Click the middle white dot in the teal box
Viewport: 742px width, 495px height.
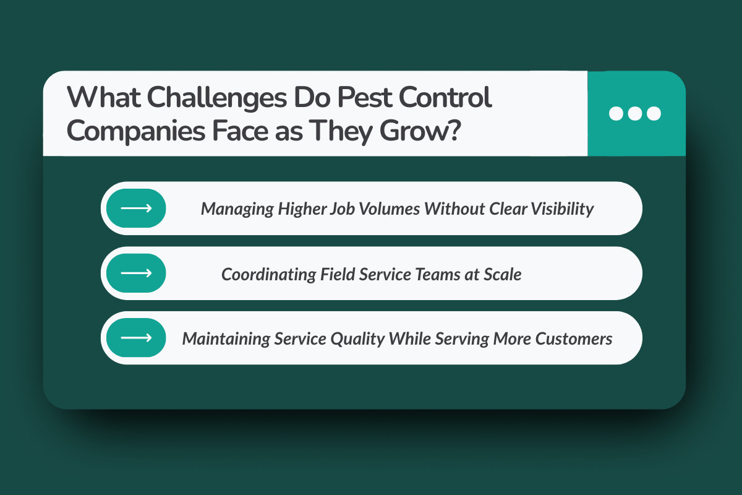[x=636, y=113]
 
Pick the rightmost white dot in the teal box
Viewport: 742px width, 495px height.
[x=654, y=113]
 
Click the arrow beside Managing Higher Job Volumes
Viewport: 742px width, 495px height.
[x=136, y=209]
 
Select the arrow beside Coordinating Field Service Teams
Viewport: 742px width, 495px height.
[x=136, y=273]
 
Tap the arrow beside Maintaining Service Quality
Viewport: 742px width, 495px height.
[x=136, y=338]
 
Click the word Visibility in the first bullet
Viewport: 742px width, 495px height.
[x=562, y=209]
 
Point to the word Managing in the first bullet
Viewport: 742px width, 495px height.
[x=237, y=209]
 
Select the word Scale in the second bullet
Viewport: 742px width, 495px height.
[x=503, y=274]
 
